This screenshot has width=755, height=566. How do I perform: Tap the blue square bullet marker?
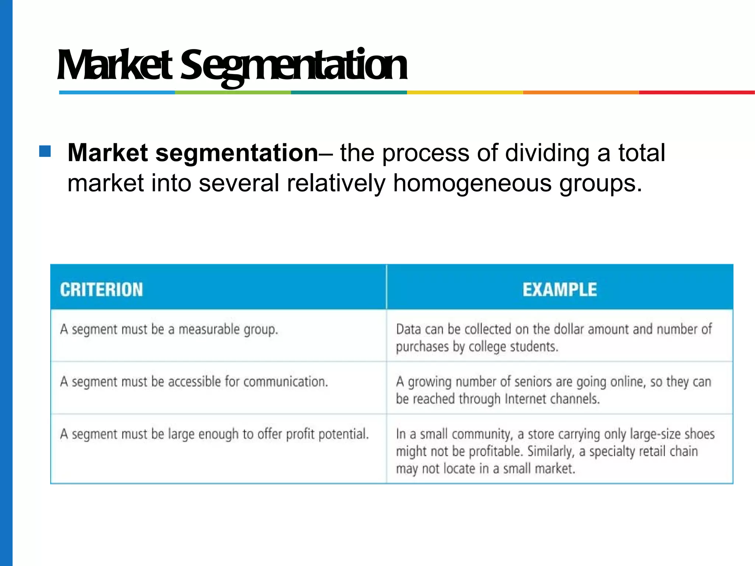tap(45, 151)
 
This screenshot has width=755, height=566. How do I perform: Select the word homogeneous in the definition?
tap(472, 183)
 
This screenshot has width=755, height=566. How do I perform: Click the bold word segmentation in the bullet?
tap(236, 153)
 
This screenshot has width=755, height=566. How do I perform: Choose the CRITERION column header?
tap(101, 290)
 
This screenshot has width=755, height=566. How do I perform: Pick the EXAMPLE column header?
tap(560, 290)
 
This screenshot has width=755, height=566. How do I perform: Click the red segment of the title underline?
tap(697, 92)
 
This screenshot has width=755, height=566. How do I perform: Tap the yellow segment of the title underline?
tap(465, 92)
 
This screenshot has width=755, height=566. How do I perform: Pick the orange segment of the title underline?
tap(581, 92)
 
